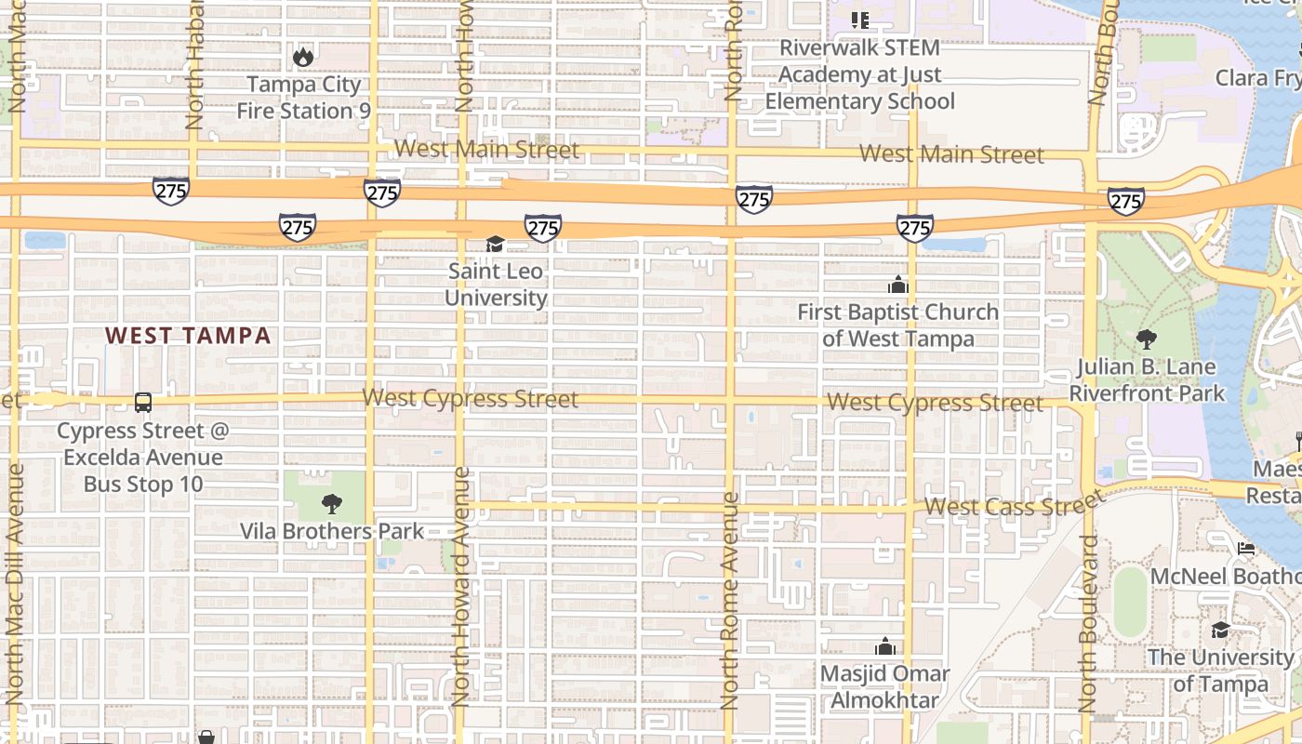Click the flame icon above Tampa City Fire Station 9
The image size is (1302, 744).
[303, 57]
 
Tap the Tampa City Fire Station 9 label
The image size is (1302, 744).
[303, 98]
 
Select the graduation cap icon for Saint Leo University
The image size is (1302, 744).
[495, 245]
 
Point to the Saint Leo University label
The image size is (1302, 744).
[496, 285]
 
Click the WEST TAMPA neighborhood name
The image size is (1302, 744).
[188, 336]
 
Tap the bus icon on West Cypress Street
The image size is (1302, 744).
[143, 403]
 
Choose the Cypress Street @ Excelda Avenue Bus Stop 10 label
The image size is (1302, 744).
[143, 458]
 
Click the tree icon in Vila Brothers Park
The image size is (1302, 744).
[330, 504]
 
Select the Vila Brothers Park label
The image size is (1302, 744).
[332, 532]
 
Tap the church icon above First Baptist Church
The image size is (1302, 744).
[897, 285]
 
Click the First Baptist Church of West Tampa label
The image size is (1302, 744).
[897, 325]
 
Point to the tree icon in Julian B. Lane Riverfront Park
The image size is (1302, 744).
[1147, 339]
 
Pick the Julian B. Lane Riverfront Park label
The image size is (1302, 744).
[1147, 380]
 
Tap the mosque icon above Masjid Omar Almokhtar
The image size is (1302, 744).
[885, 646]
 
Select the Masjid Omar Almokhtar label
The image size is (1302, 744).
[884, 686]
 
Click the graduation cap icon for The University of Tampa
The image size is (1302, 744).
[1220, 631]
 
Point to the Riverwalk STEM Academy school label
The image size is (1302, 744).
[859, 74]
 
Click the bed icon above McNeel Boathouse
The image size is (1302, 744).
[1246, 549]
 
